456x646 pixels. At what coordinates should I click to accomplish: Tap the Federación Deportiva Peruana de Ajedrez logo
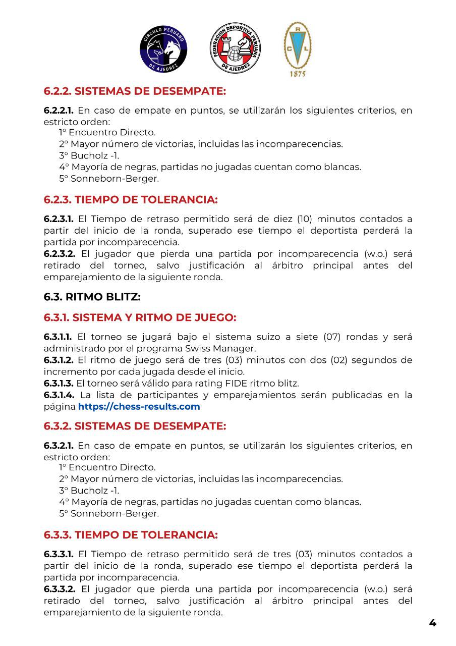tap(235, 48)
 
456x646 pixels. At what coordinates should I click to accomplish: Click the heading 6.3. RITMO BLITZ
tap(92, 297)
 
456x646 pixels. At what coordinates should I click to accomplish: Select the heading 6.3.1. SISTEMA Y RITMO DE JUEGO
tap(140, 317)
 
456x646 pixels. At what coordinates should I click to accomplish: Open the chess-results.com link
tap(139, 406)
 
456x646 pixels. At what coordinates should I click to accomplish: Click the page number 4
tap(432, 622)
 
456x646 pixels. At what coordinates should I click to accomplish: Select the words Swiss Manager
tap(230, 348)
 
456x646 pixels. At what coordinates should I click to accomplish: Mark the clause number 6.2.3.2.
tap(60, 254)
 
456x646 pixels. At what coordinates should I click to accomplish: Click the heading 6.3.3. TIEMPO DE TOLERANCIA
tap(131, 534)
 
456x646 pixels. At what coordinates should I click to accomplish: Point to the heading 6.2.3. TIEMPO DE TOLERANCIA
tap(131, 199)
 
